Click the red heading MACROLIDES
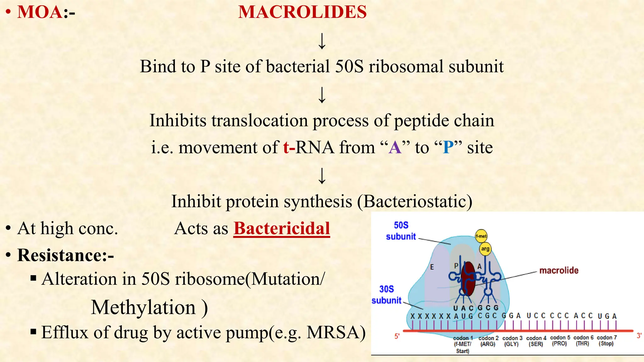pos(302,12)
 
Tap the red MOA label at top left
pos(40,12)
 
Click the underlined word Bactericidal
pos(281,228)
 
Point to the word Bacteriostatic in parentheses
pos(415,201)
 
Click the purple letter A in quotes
pos(395,147)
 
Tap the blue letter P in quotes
pos(448,147)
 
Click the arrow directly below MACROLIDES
pos(322,41)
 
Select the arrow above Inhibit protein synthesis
pos(322,175)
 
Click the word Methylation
pos(143,307)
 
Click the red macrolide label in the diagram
pos(559,270)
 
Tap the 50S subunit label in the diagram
pos(401,231)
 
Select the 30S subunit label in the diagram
pos(386,294)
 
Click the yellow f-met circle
pos(481,236)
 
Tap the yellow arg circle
pos(485,249)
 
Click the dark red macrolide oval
pos(468,278)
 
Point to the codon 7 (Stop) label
pos(606,341)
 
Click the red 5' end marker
pos(397,336)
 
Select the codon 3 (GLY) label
pos(512,341)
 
